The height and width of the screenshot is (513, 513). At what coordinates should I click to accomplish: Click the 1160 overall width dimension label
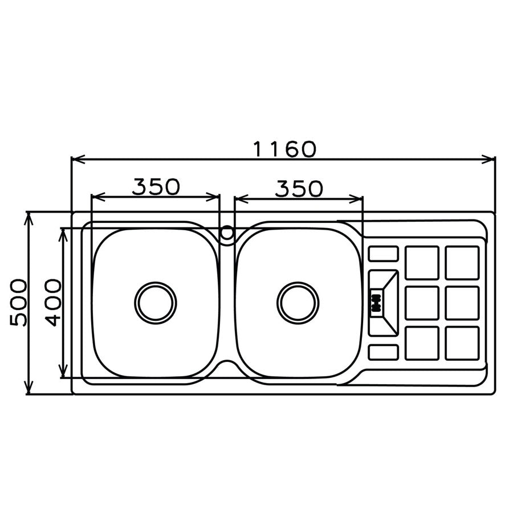(x=283, y=149)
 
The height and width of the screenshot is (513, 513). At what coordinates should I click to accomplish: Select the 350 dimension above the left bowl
(x=156, y=186)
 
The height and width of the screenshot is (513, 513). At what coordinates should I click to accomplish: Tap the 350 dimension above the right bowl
(x=299, y=188)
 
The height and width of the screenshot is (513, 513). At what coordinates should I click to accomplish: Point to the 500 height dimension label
(x=19, y=302)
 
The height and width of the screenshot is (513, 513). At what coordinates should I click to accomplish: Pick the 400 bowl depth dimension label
(x=53, y=302)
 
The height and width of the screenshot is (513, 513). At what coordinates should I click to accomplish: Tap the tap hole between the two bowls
(x=227, y=233)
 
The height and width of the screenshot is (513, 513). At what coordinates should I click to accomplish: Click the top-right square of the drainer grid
(x=462, y=263)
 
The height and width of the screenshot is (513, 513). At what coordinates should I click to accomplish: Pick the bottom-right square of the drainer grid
(x=462, y=343)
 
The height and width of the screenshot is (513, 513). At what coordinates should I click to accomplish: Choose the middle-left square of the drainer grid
(x=422, y=303)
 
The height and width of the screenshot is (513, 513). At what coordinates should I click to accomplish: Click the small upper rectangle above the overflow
(x=383, y=254)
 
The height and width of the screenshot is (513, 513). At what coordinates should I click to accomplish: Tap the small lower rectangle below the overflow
(x=383, y=352)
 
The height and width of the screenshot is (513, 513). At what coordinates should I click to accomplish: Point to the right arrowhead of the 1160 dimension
(x=491, y=160)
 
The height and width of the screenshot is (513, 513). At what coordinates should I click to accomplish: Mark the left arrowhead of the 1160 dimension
(x=75, y=160)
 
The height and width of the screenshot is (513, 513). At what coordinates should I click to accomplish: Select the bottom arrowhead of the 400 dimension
(x=63, y=374)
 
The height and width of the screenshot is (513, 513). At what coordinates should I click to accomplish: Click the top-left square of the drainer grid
(x=422, y=263)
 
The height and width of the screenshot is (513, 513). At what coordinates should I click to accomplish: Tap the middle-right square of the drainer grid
(x=462, y=303)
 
